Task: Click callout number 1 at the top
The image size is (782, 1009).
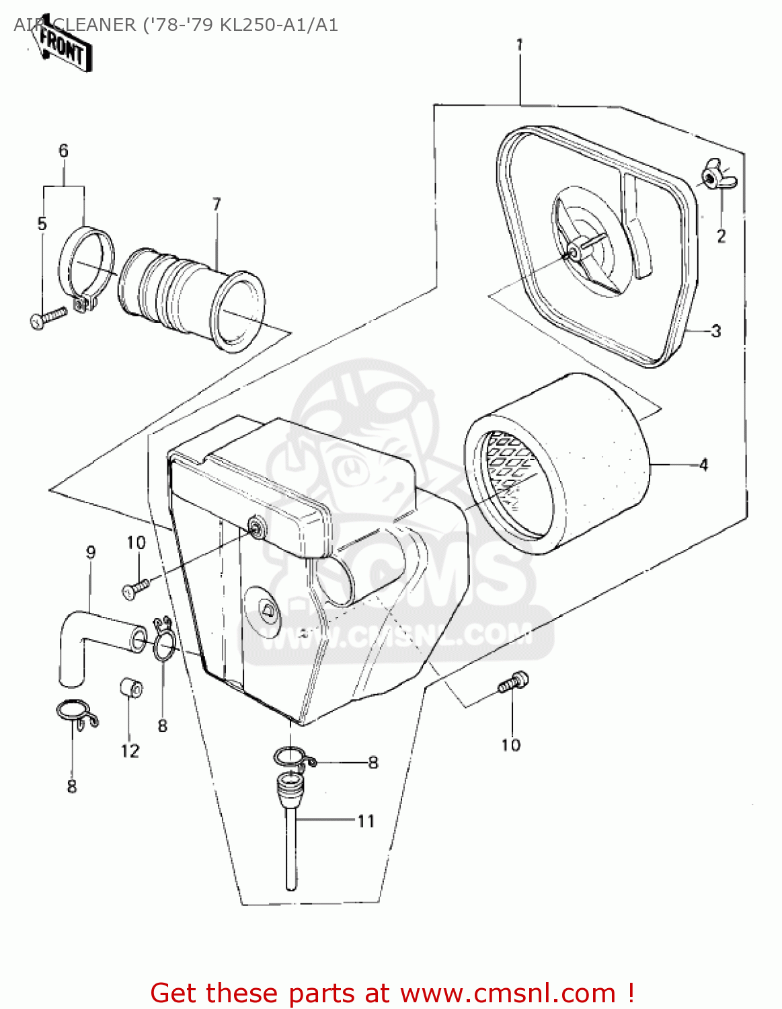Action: [519, 45]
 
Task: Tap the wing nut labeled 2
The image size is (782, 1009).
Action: [717, 177]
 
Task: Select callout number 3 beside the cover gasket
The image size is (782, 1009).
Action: [715, 331]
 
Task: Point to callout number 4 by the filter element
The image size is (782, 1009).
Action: [703, 465]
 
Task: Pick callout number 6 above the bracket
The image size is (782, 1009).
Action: [63, 151]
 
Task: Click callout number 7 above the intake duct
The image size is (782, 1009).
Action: [217, 204]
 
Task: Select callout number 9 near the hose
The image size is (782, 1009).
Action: [91, 552]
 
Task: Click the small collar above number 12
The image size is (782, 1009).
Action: [131, 688]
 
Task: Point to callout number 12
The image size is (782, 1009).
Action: [130, 751]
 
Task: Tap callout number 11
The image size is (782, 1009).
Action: [365, 821]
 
